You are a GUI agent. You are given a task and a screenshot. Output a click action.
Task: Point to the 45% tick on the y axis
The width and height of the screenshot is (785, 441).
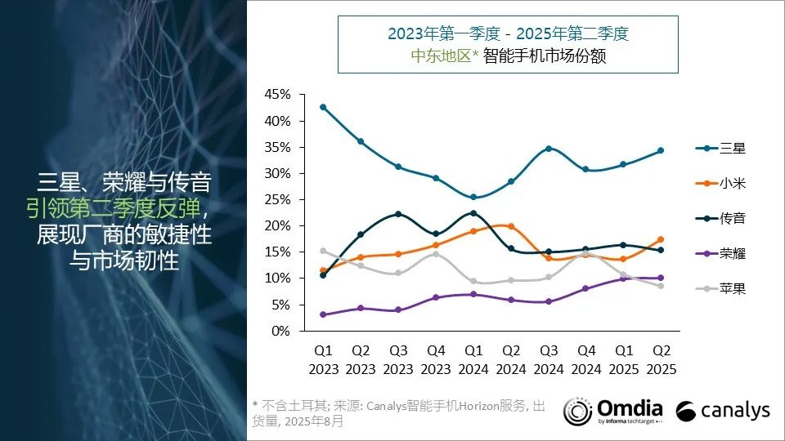click(x=278, y=95)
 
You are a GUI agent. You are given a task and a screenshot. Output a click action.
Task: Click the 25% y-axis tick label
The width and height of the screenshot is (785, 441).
click(x=278, y=199)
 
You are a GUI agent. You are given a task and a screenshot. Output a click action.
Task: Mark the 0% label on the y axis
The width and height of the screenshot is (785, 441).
click(x=281, y=331)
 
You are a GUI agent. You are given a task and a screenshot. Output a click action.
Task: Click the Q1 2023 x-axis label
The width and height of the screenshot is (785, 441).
click(x=323, y=359)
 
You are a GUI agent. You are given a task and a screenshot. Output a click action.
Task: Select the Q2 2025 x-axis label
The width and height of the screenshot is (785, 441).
click(x=662, y=359)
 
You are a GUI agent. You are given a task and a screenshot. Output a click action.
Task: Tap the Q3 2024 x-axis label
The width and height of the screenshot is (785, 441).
click(x=549, y=359)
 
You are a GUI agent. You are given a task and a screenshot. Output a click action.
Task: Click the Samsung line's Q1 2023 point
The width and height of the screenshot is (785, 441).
click(x=323, y=107)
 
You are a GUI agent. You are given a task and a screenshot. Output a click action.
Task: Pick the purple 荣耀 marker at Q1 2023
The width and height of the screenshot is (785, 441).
click(x=323, y=314)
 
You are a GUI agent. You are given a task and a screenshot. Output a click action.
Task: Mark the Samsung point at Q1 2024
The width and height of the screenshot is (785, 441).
click(x=474, y=197)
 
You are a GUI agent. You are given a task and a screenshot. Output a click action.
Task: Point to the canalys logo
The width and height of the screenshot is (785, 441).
click(x=724, y=410)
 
